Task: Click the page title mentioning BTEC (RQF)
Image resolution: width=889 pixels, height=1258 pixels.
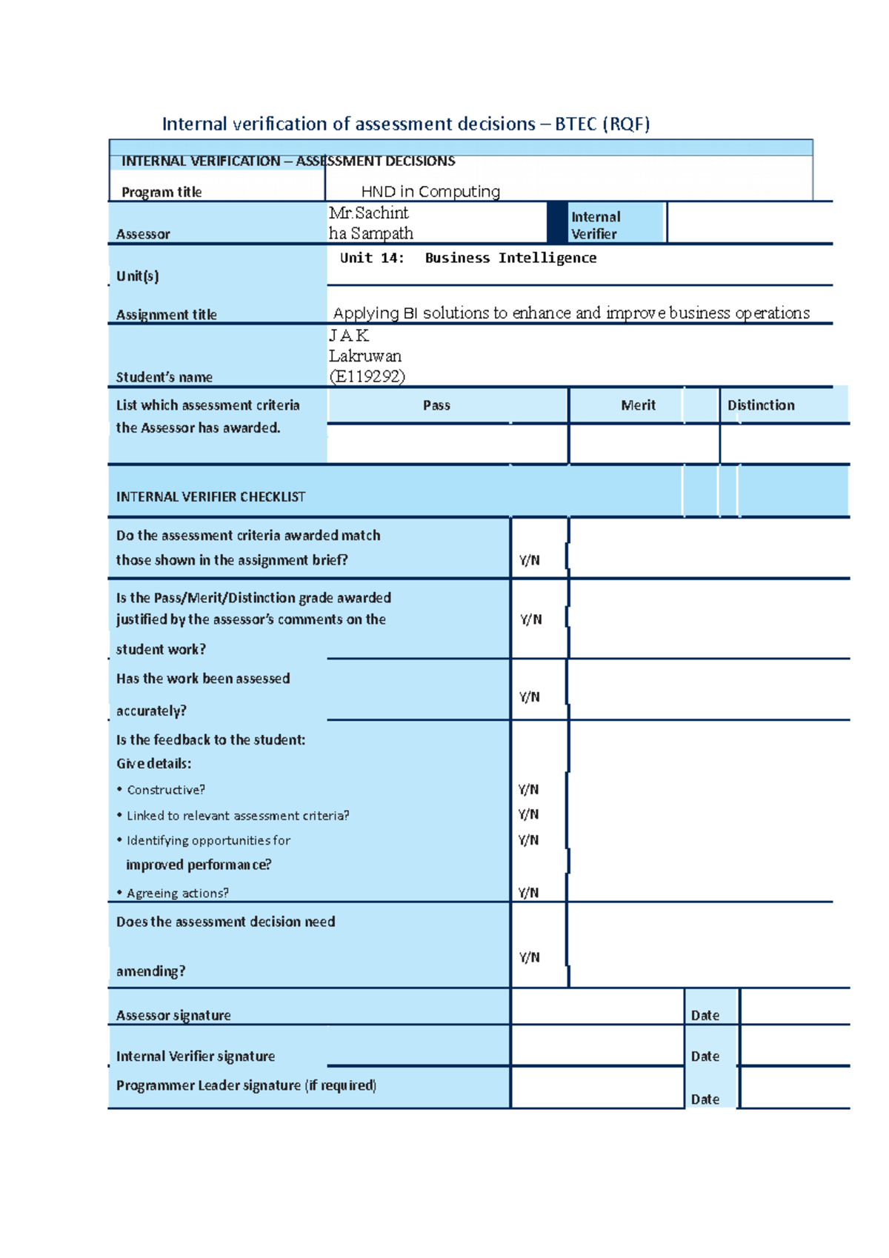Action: [x=405, y=124]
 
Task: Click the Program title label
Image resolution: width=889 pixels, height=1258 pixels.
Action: [x=162, y=192]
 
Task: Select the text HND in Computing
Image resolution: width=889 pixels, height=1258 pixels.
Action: [x=430, y=192]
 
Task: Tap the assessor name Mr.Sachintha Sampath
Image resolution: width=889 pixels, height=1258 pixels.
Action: [x=370, y=223]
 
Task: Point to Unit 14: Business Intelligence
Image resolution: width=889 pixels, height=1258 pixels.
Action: [x=467, y=258]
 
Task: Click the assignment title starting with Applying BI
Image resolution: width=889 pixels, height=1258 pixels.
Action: [x=571, y=313]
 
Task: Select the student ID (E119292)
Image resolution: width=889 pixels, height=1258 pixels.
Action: [x=367, y=376]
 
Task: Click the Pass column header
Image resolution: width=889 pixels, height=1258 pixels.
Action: [x=436, y=405]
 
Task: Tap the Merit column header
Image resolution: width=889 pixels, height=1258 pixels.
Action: [x=638, y=405]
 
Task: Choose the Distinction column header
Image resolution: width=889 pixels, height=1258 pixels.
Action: [x=761, y=405]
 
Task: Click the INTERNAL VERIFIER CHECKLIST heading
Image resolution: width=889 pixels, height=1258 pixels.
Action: [x=210, y=497]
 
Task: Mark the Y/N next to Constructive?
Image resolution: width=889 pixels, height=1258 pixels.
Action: [x=528, y=790]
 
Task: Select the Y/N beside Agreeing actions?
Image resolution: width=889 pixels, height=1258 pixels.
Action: [x=528, y=893]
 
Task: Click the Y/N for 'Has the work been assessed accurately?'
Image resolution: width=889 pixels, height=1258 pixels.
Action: [x=529, y=697]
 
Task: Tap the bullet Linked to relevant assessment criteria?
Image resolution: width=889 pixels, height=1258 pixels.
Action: [x=237, y=816]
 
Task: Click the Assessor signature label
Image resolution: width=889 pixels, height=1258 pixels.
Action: [x=173, y=1016]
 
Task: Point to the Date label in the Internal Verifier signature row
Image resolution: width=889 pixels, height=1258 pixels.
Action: [x=705, y=1056]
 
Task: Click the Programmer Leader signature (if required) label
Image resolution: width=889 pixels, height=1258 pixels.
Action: [x=246, y=1085]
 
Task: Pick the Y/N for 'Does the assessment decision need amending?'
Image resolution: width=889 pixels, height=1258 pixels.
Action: [x=529, y=957]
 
